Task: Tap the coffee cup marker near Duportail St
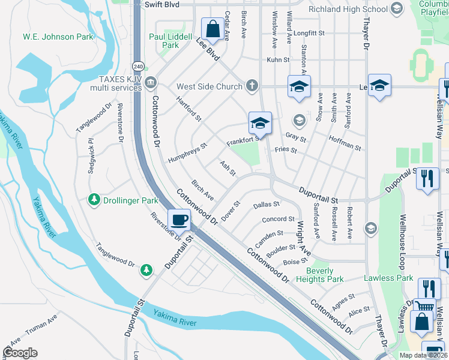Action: coord(179,220)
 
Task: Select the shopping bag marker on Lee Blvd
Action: coord(212,28)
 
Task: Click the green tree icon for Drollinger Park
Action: coord(94,199)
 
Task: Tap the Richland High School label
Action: coord(348,9)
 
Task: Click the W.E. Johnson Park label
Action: coord(58,37)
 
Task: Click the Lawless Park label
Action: coord(388,278)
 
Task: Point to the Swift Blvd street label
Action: coord(162,4)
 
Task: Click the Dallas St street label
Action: coord(267,205)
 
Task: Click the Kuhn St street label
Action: coord(278,60)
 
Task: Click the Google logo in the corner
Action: coord(20,353)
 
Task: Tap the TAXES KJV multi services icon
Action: coord(151,82)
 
